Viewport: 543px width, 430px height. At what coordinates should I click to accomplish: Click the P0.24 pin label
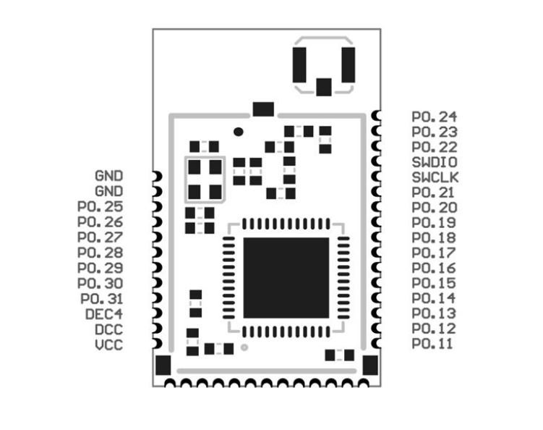coord(434,117)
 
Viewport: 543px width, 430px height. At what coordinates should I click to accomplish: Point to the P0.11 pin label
coord(432,344)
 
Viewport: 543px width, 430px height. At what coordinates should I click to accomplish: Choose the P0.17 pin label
coord(434,253)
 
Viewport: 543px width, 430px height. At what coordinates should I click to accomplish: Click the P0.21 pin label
coord(434,193)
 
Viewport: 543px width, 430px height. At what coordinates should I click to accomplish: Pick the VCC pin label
coord(109,345)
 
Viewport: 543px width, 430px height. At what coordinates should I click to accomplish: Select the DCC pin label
coord(109,329)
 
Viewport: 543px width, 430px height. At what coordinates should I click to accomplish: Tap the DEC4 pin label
coord(105,314)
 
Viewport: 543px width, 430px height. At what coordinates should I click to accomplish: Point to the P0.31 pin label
coord(101,299)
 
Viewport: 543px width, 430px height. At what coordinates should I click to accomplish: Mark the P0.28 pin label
coord(101,253)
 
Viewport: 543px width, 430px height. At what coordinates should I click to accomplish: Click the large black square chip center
coord(286,278)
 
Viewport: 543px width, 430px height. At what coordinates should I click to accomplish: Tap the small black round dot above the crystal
coord(239,132)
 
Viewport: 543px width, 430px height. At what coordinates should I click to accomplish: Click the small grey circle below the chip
coord(244,347)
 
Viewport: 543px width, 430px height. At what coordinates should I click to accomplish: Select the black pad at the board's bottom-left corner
coord(164,365)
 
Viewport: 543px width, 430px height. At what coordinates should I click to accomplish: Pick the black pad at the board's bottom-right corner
coord(370,365)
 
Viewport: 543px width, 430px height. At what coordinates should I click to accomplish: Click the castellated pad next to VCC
coord(157,345)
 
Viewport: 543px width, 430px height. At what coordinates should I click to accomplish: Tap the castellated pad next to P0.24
coord(376,117)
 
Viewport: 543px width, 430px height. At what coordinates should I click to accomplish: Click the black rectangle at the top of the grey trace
coord(264,109)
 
